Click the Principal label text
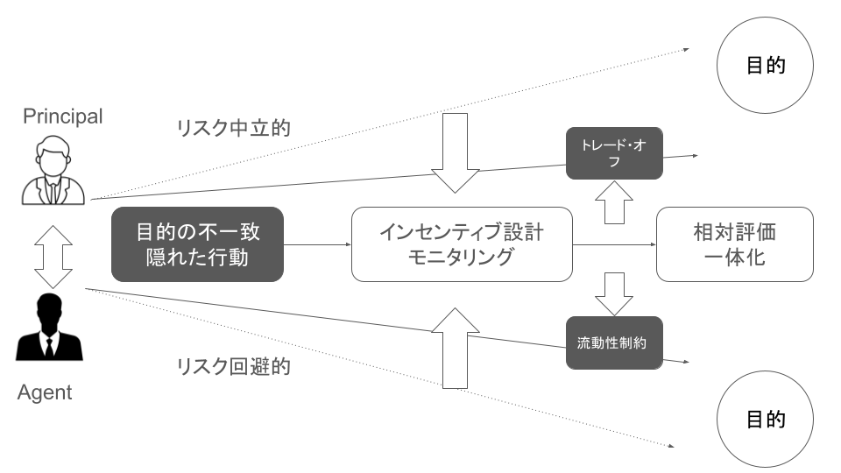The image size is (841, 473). [62, 116]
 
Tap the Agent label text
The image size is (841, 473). [45, 392]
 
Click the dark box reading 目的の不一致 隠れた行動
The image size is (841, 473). [198, 244]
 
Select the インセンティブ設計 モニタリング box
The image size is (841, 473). [461, 244]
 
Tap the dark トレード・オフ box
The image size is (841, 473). [613, 152]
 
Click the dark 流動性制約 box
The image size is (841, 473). [613, 342]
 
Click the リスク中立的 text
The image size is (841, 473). [233, 127]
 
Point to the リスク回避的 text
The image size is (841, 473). [233, 366]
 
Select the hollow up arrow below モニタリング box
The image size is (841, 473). [457, 346]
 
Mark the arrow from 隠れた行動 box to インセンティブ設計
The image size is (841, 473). [317, 244]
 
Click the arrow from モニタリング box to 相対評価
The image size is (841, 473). [613, 244]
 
